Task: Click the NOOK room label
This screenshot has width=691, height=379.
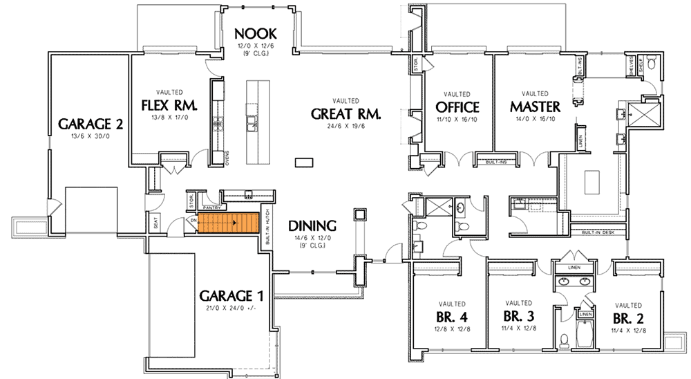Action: (x=255, y=33)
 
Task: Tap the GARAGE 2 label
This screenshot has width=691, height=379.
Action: (x=91, y=124)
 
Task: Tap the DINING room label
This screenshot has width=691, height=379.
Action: (x=312, y=225)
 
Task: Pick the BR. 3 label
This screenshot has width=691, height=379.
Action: (x=518, y=316)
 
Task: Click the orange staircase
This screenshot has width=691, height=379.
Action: (x=237, y=223)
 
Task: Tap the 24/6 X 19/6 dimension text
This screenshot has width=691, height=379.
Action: (x=345, y=127)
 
